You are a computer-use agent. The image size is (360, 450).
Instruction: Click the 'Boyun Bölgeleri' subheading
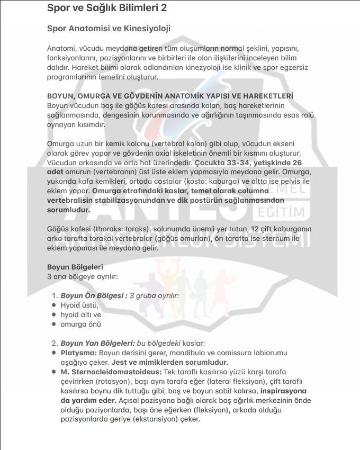(75, 267)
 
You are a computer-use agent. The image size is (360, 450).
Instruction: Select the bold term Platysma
(78, 353)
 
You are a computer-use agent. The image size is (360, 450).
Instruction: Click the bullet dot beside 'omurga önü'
(54, 324)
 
